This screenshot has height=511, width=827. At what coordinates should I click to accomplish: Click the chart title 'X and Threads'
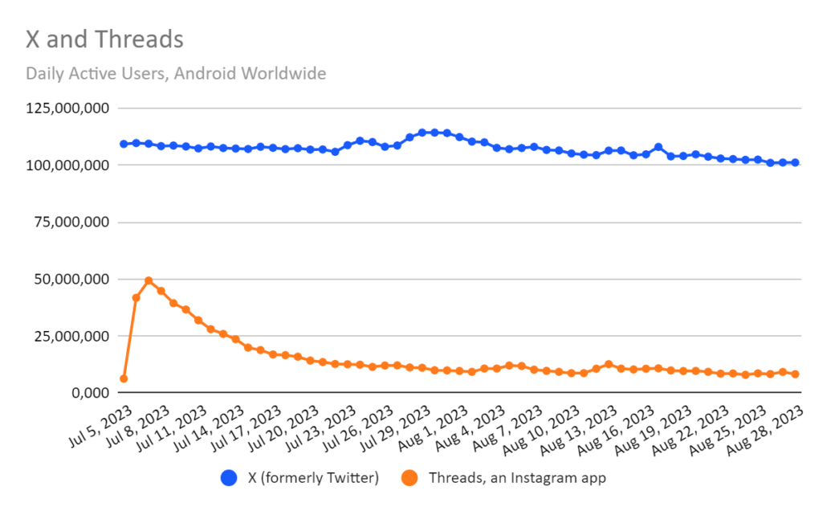(104, 39)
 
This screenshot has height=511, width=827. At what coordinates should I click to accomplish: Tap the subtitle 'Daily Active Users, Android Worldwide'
(176, 73)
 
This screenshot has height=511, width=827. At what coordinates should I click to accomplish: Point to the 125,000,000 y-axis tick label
(67, 108)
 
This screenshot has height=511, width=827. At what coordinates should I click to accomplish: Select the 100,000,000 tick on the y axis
(67, 166)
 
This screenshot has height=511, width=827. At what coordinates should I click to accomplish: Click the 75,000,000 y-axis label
(71, 222)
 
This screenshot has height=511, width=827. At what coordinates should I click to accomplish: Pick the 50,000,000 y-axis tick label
(71, 279)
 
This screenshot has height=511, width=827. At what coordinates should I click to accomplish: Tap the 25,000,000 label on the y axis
(71, 336)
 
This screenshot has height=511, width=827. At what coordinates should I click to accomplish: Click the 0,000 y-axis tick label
(91, 393)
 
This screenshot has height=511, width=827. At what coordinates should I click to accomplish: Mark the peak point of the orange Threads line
(149, 281)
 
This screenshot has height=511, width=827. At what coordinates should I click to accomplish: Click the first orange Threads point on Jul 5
(124, 378)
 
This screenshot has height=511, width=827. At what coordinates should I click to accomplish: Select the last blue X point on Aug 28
(796, 162)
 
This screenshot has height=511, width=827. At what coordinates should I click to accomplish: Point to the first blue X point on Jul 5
(124, 144)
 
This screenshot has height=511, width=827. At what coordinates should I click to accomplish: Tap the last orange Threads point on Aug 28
(796, 374)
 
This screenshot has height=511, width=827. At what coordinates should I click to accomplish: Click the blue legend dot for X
(229, 478)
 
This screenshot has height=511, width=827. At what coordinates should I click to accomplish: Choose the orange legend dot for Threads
(409, 478)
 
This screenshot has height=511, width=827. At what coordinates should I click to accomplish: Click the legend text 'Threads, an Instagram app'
(517, 478)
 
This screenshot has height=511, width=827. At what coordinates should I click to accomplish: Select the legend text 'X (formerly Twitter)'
(313, 478)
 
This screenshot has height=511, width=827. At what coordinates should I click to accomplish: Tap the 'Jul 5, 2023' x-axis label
(100, 427)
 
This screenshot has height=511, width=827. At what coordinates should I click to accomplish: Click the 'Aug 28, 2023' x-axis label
(765, 430)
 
